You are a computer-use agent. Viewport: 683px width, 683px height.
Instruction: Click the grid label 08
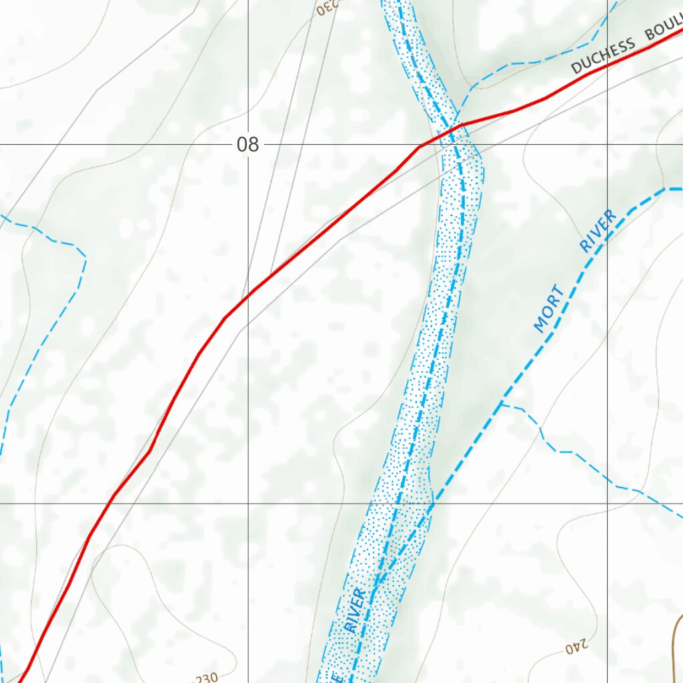(x=247, y=144)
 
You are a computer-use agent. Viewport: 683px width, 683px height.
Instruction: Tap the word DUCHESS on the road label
(x=603, y=55)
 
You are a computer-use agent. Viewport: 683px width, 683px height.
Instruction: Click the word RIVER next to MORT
(x=597, y=231)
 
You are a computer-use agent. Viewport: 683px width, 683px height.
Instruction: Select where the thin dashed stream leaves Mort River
(x=502, y=404)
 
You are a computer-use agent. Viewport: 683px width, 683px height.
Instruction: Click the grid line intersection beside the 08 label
(x=248, y=144)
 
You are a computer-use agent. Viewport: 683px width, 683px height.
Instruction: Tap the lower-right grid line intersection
(x=607, y=503)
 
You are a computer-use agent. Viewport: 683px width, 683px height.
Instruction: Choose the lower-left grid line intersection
(x=248, y=503)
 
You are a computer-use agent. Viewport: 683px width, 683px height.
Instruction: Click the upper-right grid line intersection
(x=607, y=144)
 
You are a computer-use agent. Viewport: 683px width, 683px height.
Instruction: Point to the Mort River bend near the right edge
(x=666, y=189)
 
